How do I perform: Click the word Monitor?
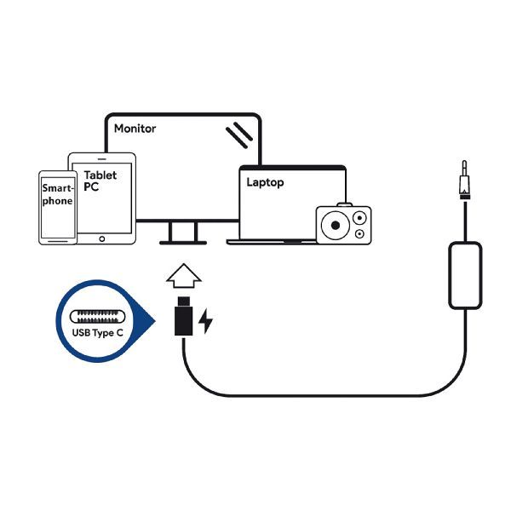[x=135, y=129]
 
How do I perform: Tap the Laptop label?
[x=264, y=182]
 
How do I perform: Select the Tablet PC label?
[x=100, y=180]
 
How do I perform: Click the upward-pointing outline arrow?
[x=181, y=277]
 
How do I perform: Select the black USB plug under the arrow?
[x=181, y=316]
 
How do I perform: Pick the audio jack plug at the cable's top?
[x=464, y=181]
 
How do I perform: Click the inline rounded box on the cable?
[x=465, y=275]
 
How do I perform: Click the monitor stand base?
[x=181, y=243]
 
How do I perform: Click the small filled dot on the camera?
[x=359, y=233]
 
